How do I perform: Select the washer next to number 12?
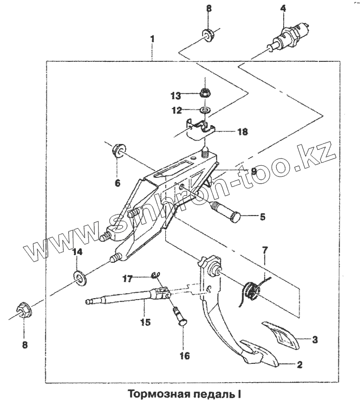(x=205, y=111)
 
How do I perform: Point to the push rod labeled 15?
(x=126, y=297)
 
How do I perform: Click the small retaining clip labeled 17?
(x=156, y=275)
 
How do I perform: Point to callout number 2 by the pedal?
(x=299, y=365)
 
